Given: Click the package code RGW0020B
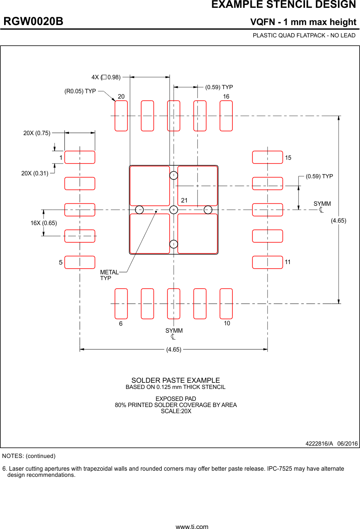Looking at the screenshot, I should click(34, 22).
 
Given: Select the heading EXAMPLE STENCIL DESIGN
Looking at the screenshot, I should click(283, 5).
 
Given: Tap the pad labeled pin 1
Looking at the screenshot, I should click(80, 157).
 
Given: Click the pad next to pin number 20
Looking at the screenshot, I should click(121, 116).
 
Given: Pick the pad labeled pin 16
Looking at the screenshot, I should click(226, 116).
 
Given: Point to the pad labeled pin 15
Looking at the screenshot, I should click(267, 157).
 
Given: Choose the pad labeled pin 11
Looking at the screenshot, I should click(267, 262).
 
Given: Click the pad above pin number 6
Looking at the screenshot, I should click(121, 304).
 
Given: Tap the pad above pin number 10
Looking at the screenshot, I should click(226, 304).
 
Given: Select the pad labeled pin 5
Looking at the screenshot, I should click(80, 262).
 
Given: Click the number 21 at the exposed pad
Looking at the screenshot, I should click(184, 200).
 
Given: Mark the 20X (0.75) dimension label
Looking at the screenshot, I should click(37, 133).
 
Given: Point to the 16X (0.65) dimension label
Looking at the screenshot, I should click(44, 223).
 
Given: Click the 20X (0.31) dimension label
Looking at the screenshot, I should click(35, 174).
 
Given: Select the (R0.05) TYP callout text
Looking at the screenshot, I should click(80, 91).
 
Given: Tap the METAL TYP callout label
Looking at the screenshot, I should click(109, 275).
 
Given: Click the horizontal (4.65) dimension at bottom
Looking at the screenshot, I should click(174, 350).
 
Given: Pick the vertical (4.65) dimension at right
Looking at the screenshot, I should click(339, 221).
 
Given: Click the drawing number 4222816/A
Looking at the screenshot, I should click(319, 444).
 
